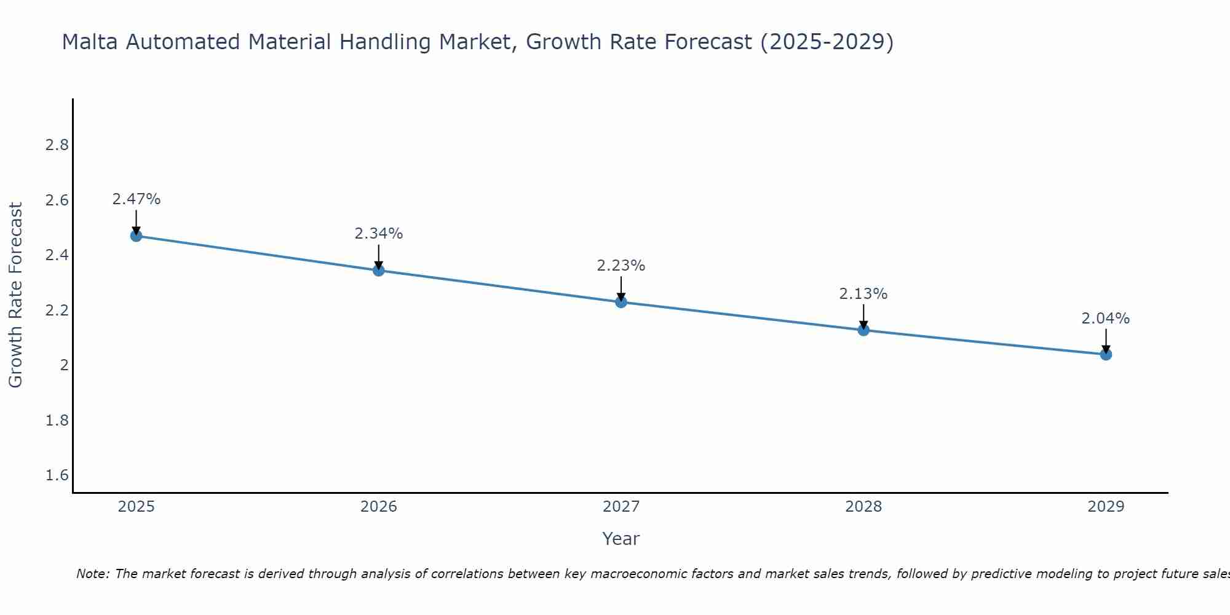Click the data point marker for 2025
(x=137, y=236)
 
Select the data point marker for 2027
(x=621, y=302)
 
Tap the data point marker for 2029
(x=1106, y=354)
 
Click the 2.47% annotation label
(x=137, y=199)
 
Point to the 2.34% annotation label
(x=379, y=234)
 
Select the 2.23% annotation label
(x=621, y=266)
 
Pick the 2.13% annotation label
(x=863, y=294)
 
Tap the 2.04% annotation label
(x=1106, y=319)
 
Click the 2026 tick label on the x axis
(x=379, y=507)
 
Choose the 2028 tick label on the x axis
(x=863, y=507)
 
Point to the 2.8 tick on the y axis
(x=57, y=145)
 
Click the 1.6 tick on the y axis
(x=57, y=475)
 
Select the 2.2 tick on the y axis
(x=57, y=311)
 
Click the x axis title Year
(x=621, y=539)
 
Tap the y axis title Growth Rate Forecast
(x=16, y=295)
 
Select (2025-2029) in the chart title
(x=827, y=42)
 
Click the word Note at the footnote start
(x=93, y=574)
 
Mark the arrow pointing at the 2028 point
(x=863, y=317)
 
